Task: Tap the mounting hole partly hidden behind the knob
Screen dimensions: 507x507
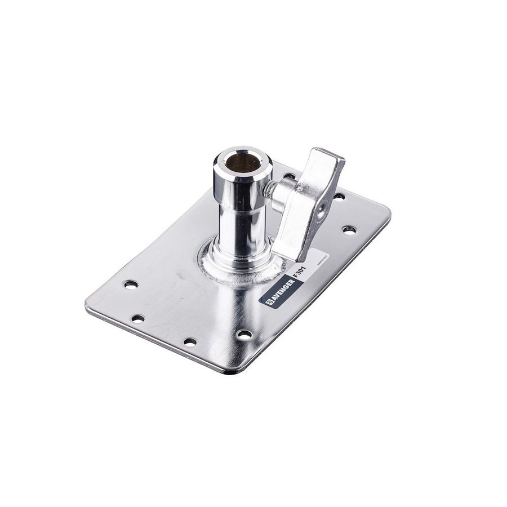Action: click(288, 176)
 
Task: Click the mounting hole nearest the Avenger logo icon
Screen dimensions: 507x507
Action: click(244, 333)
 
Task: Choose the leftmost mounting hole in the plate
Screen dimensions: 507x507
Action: click(130, 284)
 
